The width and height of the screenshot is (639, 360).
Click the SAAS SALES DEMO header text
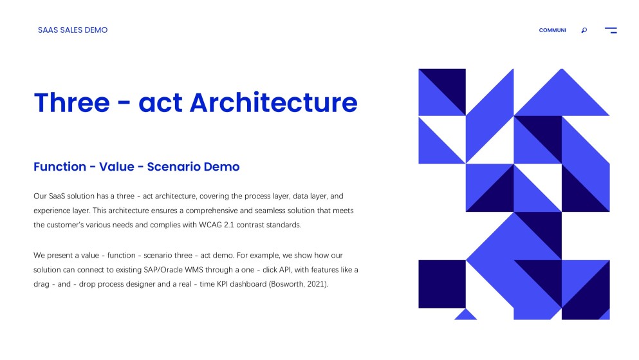73,30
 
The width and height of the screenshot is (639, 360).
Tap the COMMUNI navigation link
552,30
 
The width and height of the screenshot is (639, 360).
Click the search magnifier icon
584,30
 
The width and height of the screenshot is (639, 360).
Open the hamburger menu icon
611,30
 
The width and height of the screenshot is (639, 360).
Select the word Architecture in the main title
273,103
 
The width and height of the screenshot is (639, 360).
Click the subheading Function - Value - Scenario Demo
136,167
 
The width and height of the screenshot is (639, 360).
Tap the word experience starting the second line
53,211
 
